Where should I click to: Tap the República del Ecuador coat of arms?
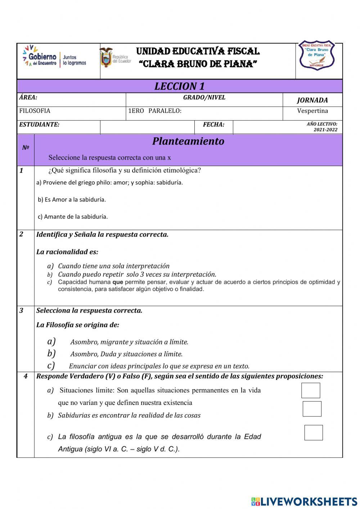coord(106,58)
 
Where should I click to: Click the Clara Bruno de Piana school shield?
coord(317,56)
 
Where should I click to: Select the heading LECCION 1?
coord(179,86)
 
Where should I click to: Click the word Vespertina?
coord(312,111)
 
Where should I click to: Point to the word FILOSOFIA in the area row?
coord(35,111)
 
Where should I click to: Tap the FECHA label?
coord(213,125)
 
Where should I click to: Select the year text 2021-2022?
coord(325,130)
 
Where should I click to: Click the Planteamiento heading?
coord(188,141)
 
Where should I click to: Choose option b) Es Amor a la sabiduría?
coord(72,200)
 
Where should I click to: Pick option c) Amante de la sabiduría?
coord(73,217)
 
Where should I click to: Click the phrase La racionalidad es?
coord(67,252)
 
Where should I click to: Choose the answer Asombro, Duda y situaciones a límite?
coord(126,354)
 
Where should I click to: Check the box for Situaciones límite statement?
coord(311,390)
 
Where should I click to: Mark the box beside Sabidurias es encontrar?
coord(312,409)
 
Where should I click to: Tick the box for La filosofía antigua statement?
coord(314,433)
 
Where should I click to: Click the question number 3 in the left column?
coord(21,311)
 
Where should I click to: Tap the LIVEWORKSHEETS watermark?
coord(304,501)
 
